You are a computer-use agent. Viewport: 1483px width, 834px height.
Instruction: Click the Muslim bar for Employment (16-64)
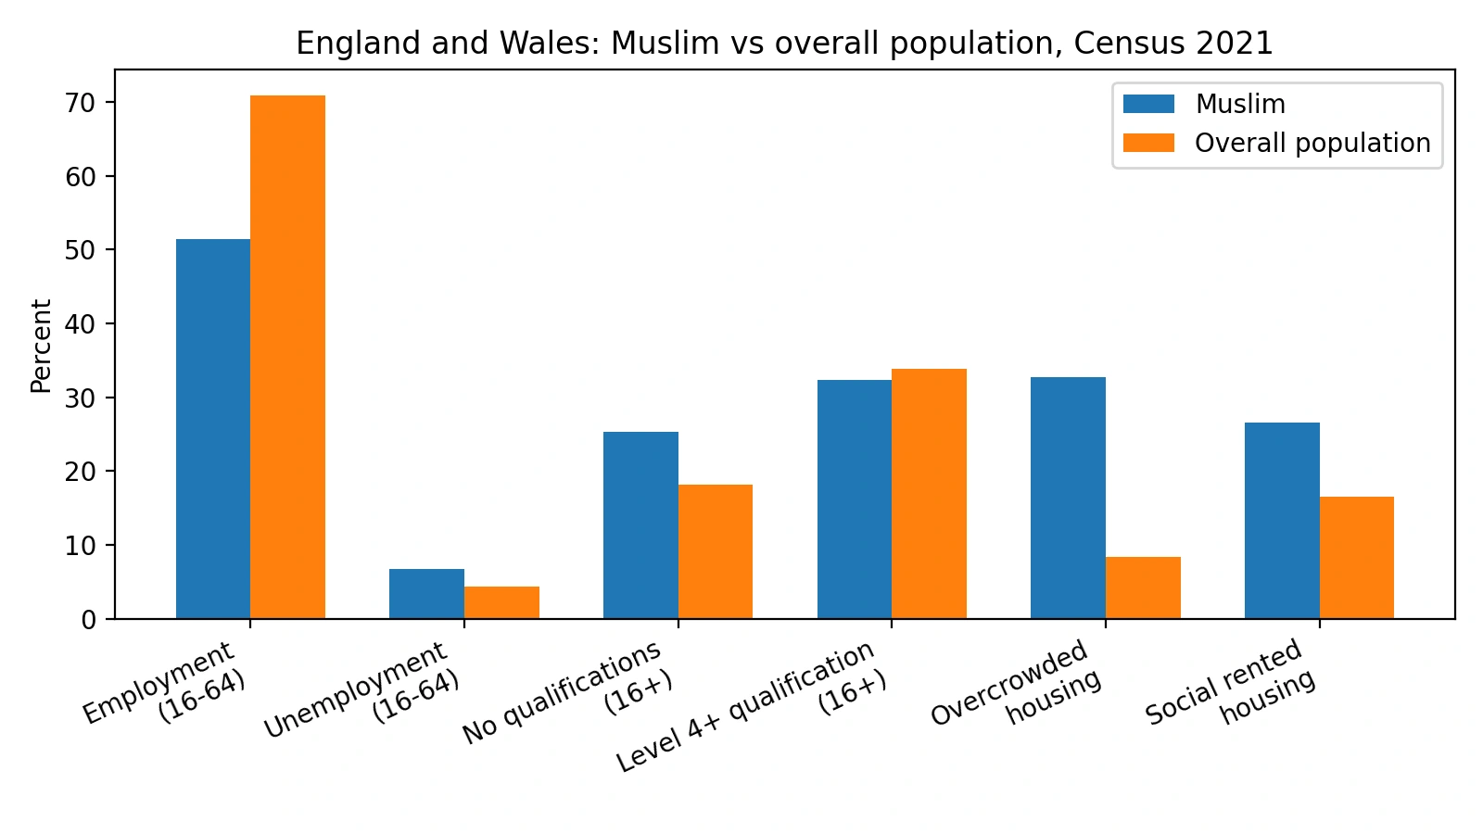213,429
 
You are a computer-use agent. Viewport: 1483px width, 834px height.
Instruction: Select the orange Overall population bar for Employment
288,358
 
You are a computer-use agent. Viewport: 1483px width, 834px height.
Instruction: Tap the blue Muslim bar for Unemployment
427,594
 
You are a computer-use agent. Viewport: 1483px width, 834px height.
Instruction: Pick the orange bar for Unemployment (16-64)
501,602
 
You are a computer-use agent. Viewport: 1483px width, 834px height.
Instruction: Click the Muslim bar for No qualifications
640,525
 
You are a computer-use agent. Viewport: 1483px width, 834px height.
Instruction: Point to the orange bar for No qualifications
716,552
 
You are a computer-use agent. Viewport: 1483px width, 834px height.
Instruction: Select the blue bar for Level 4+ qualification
855,499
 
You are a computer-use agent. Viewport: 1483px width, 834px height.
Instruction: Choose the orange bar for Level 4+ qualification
930,494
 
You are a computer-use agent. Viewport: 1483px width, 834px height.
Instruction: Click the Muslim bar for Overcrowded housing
1069,498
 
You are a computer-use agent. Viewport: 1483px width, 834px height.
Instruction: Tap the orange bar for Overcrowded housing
1144,588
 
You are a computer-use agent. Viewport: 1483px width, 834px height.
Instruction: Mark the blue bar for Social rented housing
1283,521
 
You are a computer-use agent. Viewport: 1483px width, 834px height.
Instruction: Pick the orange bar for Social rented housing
1357,558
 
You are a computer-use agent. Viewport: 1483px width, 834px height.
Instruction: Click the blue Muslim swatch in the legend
1148,104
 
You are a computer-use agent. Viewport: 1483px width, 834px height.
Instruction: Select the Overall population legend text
1312,143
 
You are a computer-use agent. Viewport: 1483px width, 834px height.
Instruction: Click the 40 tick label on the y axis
80,323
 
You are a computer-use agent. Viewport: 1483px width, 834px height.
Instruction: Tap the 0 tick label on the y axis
89,620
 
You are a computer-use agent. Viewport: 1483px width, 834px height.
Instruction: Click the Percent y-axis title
41,347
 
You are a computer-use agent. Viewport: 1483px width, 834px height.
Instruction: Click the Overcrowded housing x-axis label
1016,683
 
